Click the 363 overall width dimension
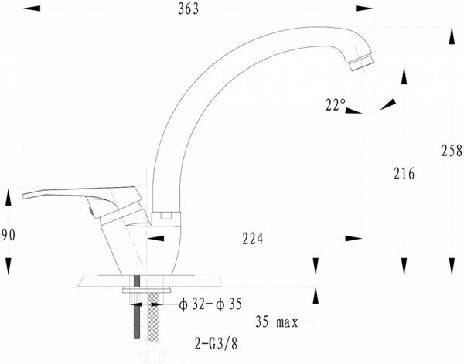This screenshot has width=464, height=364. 189,9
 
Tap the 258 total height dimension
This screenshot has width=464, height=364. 452,150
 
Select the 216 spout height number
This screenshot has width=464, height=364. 404,174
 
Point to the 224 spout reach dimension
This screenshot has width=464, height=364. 252,239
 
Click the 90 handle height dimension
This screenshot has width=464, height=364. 9,236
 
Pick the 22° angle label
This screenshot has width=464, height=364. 336,104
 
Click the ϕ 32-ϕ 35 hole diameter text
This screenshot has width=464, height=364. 210,304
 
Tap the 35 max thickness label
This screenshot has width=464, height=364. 277,322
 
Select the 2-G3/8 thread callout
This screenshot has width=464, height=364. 216,344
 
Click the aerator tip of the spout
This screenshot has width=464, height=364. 361,63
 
